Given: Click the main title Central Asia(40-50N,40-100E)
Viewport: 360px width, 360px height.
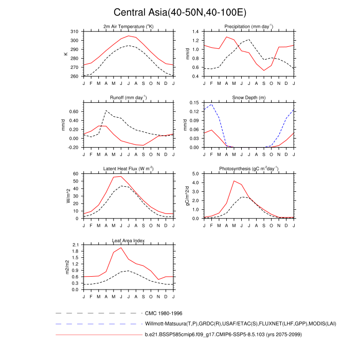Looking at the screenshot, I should tap(180, 12).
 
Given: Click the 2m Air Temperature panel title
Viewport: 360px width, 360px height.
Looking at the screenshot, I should tap(129, 27).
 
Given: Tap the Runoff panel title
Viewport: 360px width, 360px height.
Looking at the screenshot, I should tap(129, 98).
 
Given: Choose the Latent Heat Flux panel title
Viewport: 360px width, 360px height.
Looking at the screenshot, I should tap(129, 169).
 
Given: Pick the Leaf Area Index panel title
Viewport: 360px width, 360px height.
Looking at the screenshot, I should tap(129, 240).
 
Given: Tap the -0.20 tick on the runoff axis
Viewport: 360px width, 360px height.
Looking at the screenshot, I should tap(73, 147).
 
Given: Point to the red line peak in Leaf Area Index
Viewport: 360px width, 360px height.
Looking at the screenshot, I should tap(121, 247).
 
